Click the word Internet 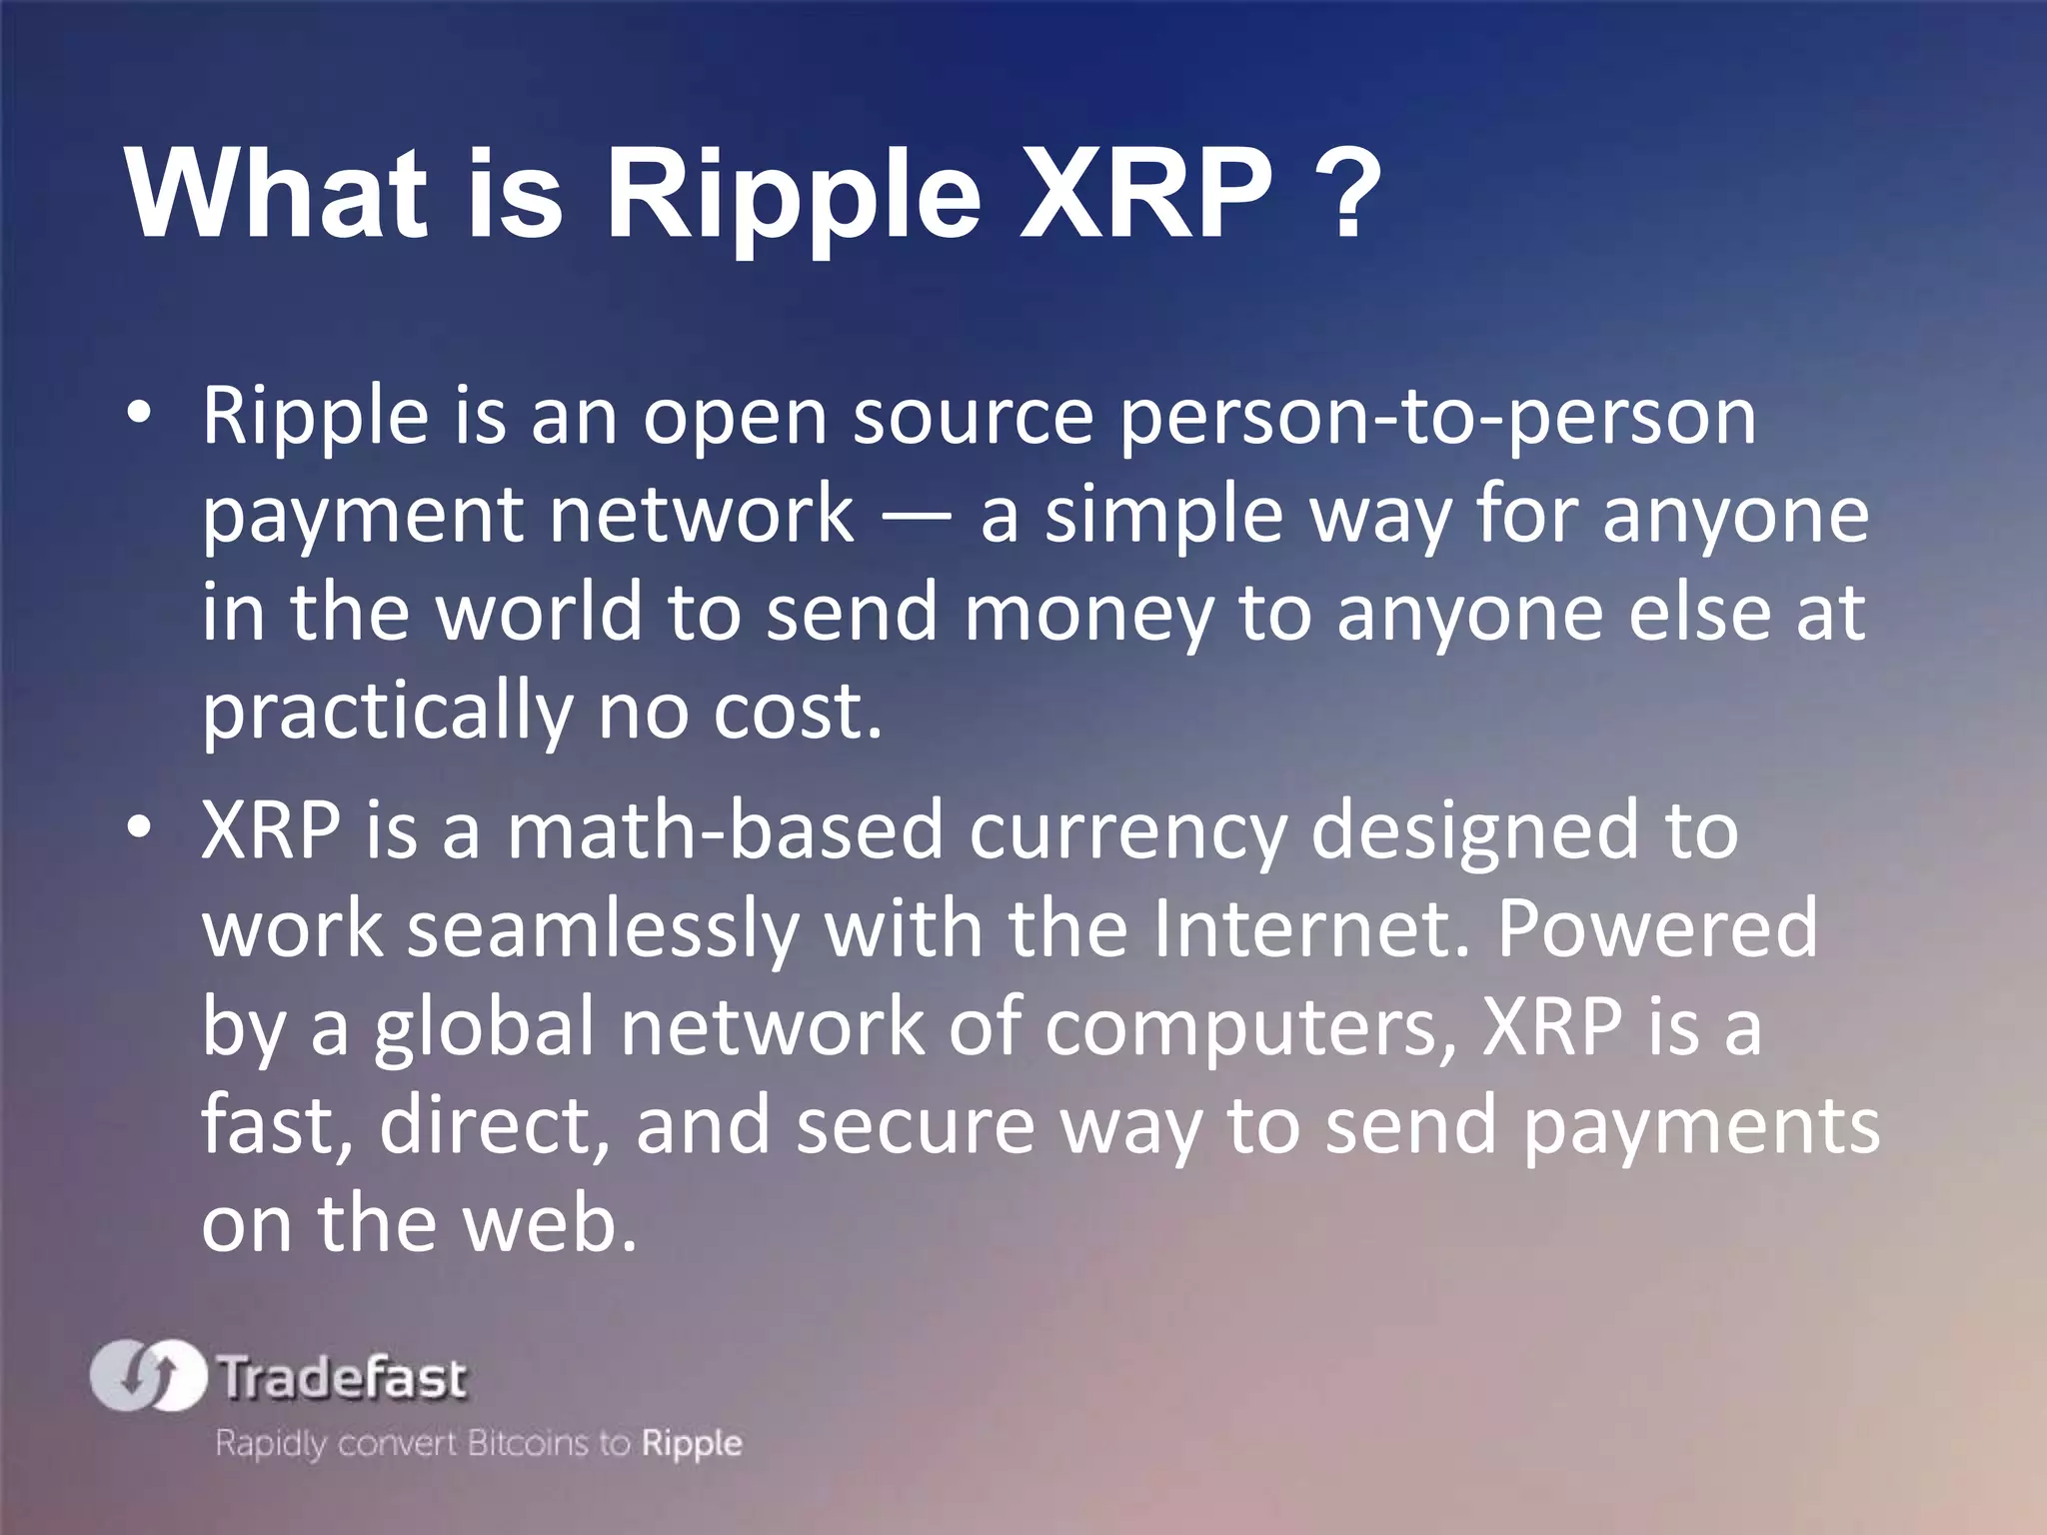coord(1310,927)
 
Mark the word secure coord(916,1125)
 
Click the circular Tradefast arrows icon coord(148,1376)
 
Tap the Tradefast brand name coord(342,1378)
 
